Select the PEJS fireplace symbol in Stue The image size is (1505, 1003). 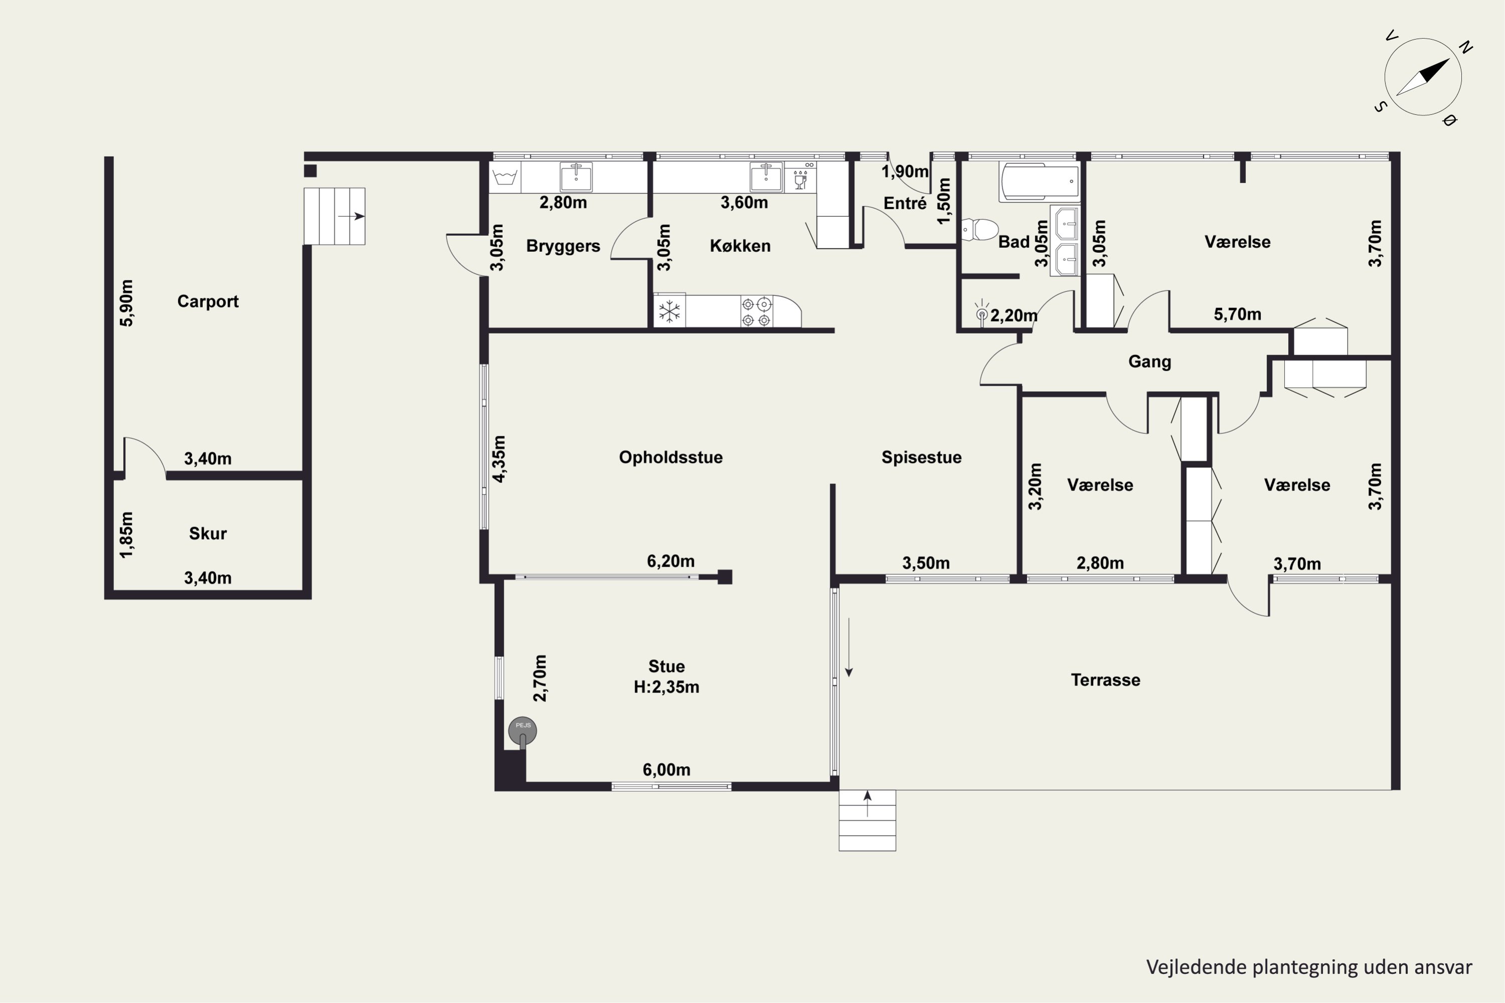pos(522,731)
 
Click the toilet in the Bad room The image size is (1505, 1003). pos(980,230)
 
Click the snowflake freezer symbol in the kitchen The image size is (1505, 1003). pos(669,311)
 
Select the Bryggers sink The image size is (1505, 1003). pos(576,177)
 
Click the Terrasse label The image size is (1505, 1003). pos(1105,680)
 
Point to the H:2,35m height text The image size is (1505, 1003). pos(666,687)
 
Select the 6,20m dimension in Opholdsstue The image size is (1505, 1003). pos(671,561)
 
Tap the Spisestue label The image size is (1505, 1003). pos(922,457)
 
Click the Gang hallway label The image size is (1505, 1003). pos(1149,362)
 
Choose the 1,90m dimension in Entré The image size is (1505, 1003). pos(905,172)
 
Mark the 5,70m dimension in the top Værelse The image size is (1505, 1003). pos(1238,314)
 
